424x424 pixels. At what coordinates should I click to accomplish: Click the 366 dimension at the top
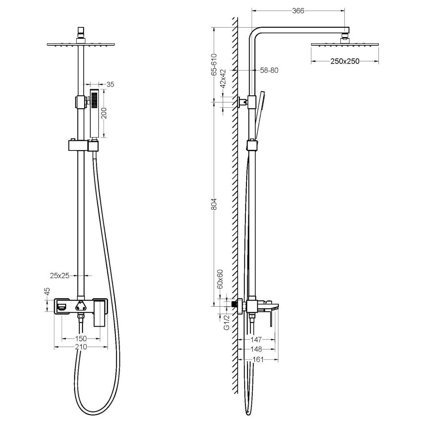coord(298,11)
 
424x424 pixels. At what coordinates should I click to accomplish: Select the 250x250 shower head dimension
coord(345,61)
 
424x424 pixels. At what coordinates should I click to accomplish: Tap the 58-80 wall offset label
coord(269,70)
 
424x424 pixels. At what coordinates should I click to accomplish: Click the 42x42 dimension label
coord(223,79)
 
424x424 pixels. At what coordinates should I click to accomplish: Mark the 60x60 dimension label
coord(220,279)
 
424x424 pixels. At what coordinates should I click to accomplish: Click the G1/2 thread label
coord(227,322)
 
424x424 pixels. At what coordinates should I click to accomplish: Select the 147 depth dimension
coord(256,340)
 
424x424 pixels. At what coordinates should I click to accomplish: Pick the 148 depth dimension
coord(256,349)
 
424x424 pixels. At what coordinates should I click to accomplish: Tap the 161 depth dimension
coord(258,360)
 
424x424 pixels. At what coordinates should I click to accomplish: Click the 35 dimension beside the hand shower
coord(110,84)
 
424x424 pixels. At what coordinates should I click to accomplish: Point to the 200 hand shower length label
coord(103,113)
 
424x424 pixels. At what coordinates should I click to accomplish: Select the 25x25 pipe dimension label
coord(60,276)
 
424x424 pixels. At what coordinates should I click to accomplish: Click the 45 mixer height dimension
coord(47,291)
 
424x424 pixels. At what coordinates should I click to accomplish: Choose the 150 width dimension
coord(81,338)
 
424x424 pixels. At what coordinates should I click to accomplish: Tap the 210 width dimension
coord(81,347)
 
